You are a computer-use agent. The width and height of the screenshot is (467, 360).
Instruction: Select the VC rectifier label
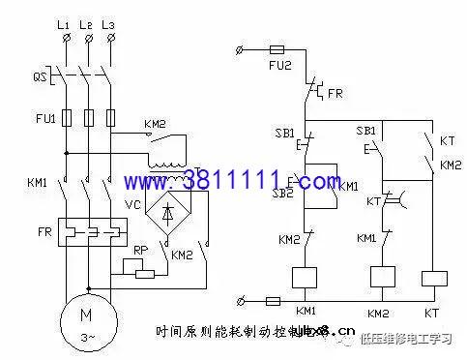tap(133, 205)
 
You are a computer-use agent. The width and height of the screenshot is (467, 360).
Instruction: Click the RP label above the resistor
tap(140, 250)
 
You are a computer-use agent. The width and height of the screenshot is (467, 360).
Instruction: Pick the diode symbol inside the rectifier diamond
tap(170, 216)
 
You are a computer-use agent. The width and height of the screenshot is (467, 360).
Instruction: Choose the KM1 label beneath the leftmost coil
tap(306, 312)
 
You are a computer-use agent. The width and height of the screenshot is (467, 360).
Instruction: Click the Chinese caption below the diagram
tap(237, 332)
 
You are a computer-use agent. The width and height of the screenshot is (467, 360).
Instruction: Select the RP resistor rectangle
tap(144, 272)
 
